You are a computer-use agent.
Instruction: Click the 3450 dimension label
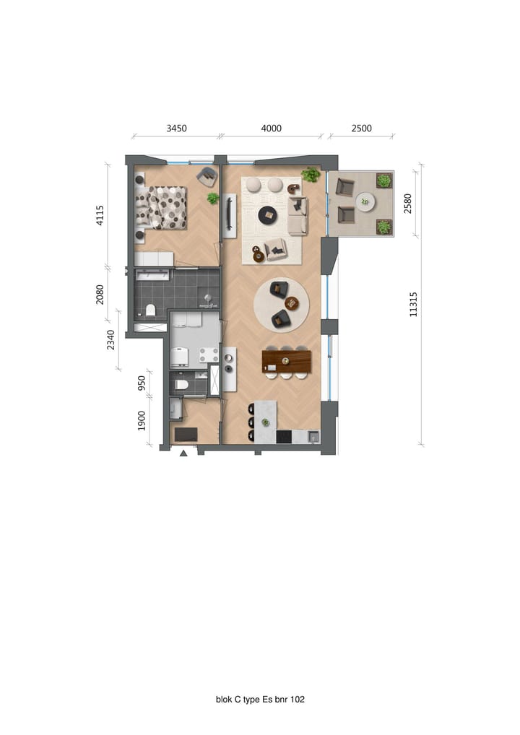pyautogui.click(x=176, y=129)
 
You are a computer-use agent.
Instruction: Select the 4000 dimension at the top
pyautogui.click(x=271, y=129)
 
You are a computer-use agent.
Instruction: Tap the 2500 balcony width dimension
pyautogui.click(x=361, y=129)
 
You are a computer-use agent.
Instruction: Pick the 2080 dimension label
pyautogui.click(x=100, y=294)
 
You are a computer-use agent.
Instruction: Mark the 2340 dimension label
pyautogui.click(x=111, y=339)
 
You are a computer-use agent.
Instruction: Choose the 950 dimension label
pyautogui.click(x=142, y=383)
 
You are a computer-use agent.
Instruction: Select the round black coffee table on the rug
pyautogui.click(x=268, y=214)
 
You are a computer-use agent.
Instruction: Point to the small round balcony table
pyautogui.click(x=365, y=201)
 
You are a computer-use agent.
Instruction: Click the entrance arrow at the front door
pyautogui.click(x=183, y=453)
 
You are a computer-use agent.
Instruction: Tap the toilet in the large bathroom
pyautogui.click(x=150, y=310)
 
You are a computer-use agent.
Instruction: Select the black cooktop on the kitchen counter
pyautogui.click(x=284, y=437)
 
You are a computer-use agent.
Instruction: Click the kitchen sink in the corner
pyautogui.click(x=312, y=436)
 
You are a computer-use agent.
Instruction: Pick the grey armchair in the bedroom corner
pyautogui.click(x=207, y=175)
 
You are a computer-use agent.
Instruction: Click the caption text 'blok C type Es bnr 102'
pyautogui.click(x=260, y=699)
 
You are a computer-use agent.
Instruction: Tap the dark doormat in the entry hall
pyautogui.click(x=186, y=434)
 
